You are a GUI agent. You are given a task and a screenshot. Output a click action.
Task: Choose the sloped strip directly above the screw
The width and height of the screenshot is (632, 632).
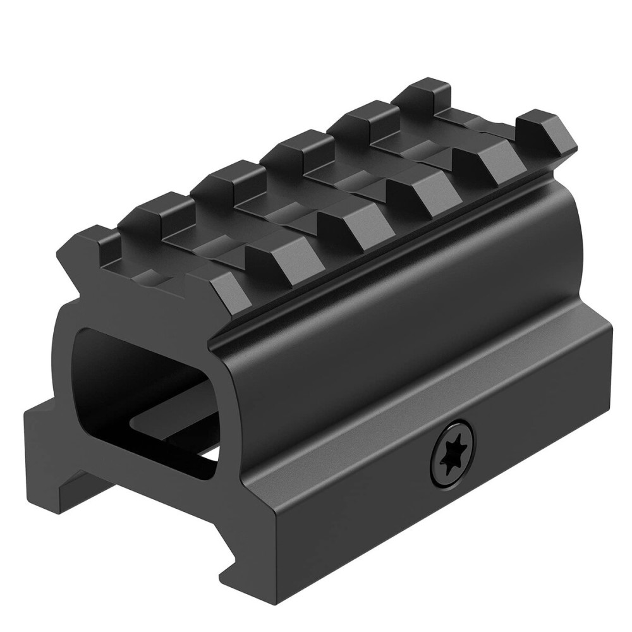point(442,392)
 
